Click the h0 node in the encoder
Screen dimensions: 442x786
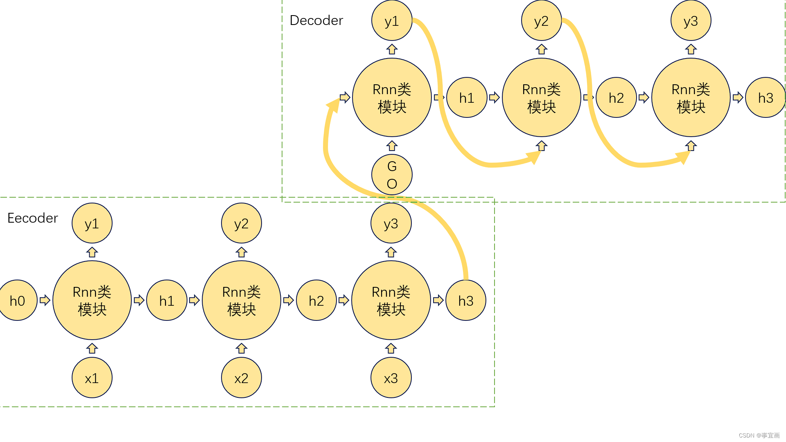(x=18, y=300)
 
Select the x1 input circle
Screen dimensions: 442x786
(x=92, y=378)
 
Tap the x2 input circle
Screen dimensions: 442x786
(x=242, y=378)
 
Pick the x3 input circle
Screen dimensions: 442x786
(x=391, y=378)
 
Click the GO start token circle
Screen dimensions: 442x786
(x=392, y=175)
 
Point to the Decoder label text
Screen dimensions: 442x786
(x=316, y=20)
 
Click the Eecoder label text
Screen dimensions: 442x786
(x=33, y=218)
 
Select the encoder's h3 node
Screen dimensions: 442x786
(x=466, y=300)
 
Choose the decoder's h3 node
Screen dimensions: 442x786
(x=765, y=97)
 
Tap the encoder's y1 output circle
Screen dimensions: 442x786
(x=92, y=223)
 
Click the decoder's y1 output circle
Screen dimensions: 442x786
(x=392, y=20)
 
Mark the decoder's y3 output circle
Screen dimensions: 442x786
(x=691, y=20)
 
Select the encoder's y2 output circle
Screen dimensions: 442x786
(x=242, y=223)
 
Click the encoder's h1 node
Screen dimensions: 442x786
(x=167, y=300)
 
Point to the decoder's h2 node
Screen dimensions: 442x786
(x=616, y=97)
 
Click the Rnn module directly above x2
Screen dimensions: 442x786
(x=242, y=300)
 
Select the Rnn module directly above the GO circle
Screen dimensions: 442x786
(x=392, y=97)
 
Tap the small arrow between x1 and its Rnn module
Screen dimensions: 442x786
(x=92, y=349)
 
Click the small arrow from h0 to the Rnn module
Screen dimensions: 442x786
(x=45, y=300)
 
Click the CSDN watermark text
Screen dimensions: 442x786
(x=759, y=435)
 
